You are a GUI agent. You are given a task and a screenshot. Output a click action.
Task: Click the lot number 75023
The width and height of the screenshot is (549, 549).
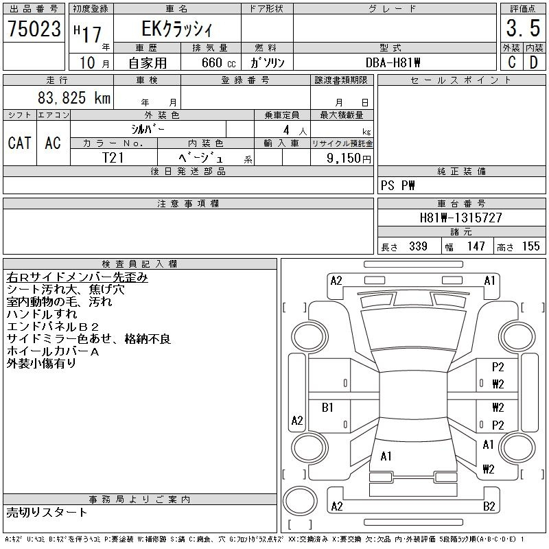[x=34, y=29]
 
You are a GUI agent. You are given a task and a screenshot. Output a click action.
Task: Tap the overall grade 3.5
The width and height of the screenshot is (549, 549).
[x=523, y=28]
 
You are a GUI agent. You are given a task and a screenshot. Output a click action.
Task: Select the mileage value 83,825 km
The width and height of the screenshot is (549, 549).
[x=74, y=97]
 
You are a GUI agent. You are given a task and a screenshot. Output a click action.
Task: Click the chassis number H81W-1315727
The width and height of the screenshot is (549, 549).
[x=460, y=218]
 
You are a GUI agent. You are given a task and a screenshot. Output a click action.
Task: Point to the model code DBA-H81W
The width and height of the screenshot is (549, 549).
[x=393, y=62]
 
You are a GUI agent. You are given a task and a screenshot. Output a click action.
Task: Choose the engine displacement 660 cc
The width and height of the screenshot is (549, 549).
[x=218, y=62]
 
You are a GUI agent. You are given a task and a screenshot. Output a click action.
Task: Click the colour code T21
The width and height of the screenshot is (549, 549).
[x=113, y=158]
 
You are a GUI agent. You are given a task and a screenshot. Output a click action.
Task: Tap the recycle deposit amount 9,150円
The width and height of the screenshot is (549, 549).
[x=349, y=159]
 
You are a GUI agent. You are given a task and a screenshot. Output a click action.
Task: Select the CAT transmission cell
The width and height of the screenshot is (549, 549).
[x=20, y=143]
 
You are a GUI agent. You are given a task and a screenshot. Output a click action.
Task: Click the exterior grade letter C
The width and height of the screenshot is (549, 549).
[x=511, y=62]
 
